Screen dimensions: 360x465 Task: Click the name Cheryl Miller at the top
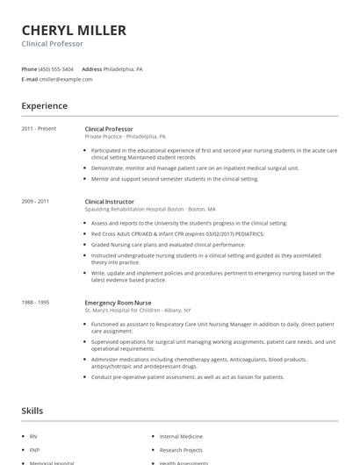coord(74,30)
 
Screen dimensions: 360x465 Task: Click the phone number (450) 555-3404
coord(57,68)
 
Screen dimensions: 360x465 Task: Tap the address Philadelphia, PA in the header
coord(123,68)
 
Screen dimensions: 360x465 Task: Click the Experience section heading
coord(44,106)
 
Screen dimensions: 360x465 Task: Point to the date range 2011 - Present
coord(39,129)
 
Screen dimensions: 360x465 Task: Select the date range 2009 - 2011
coord(35,201)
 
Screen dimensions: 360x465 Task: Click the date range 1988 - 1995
coord(35,302)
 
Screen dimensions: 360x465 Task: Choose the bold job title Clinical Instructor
coord(110,201)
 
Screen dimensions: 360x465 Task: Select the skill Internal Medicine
coord(181,436)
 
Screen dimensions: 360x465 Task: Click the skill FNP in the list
coord(34,449)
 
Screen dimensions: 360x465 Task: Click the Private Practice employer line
coord(125,137)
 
